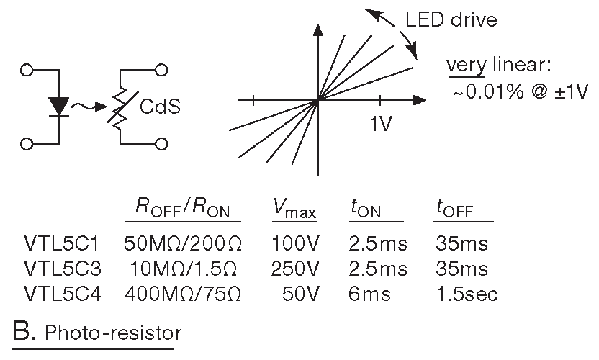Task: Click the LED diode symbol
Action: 58,107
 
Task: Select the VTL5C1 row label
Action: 60,243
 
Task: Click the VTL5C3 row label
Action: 60,269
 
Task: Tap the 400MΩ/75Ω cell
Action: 182,294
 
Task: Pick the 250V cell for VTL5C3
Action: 295,269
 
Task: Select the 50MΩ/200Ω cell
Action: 182,243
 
